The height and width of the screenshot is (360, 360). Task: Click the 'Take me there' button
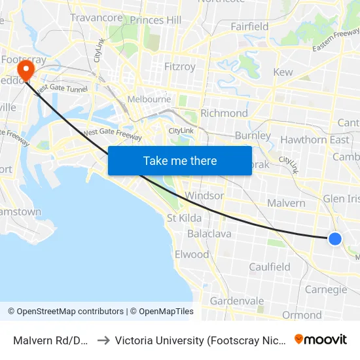tap(180, 160)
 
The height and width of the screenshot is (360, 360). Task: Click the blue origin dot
tap(334, 239)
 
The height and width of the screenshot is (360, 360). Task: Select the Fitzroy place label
tap(180, 67)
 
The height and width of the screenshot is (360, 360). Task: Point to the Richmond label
tap(225, 113)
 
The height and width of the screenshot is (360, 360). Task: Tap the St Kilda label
tap(184, 218)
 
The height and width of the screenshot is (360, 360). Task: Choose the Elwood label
tap(192, 255)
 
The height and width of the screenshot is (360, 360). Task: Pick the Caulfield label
tap(270, 267)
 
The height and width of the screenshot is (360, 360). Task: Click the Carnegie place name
tap(325, 290)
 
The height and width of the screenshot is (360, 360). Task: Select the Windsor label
tap(205, 196)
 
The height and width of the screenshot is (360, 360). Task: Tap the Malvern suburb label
tap(286, 203)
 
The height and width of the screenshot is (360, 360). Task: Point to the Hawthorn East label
tap(315, 139)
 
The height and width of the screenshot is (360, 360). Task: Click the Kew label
tap(283, 72)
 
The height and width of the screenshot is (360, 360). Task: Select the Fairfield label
tap(249, 27)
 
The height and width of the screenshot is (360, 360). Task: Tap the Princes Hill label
tap(156, 20)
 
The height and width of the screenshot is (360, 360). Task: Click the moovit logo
tap(321, 339)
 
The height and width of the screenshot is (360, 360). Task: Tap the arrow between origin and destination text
tap(103, 340)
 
